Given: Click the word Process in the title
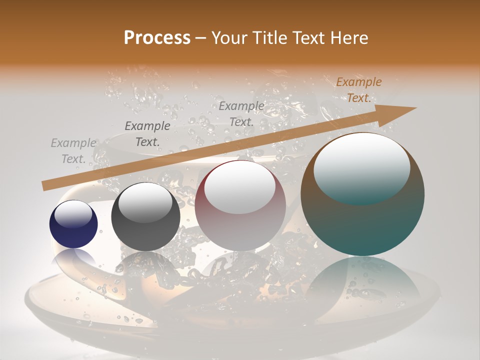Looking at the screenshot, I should point(157,37).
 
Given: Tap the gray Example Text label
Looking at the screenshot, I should point(73,151).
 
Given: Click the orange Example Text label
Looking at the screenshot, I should point(358,90).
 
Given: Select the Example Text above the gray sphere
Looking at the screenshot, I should point(147,134).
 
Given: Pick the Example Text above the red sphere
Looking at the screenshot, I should point(241,114).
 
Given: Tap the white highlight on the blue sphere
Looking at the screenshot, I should point(73,214).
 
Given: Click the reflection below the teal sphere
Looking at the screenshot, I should point(362,280).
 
